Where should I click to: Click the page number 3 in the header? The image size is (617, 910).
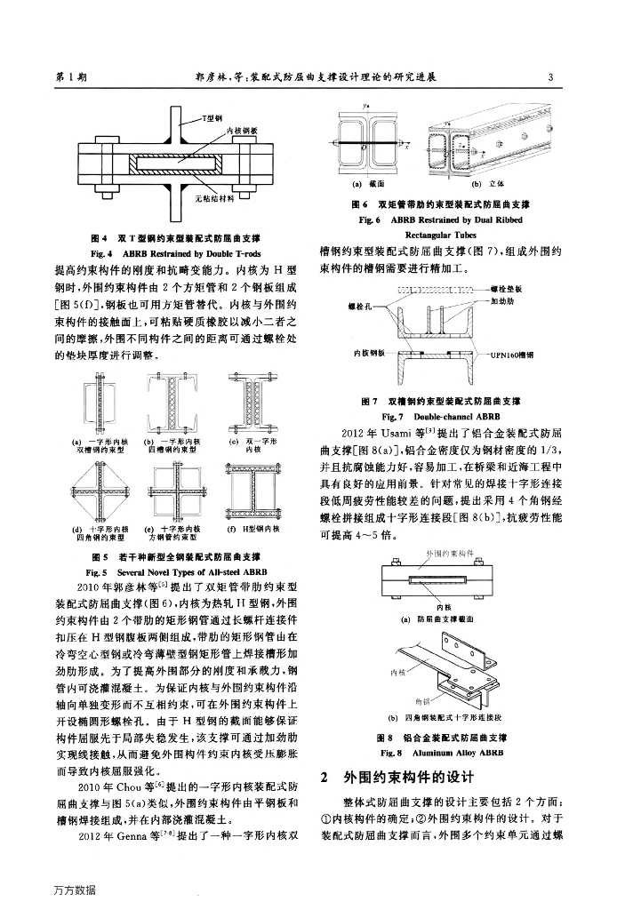pyautogui.click(x=551, y=77)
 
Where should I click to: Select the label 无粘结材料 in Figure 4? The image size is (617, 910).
pyautogui.click(x=213, y=198)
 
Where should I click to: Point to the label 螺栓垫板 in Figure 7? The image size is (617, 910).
pyautogui.click(x=509, y=289)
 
